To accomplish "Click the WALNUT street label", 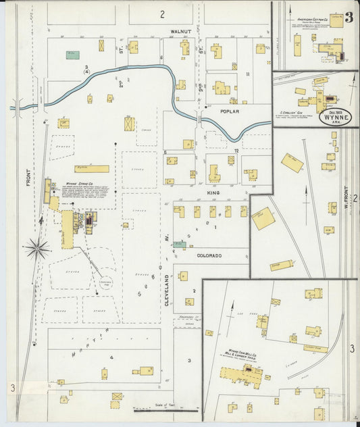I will tap(180, 31).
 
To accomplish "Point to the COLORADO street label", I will tap(209, 256).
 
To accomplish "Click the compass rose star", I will tap(36, 249).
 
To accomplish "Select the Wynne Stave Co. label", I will tap(80, 182).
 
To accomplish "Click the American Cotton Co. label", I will tap(312, 20).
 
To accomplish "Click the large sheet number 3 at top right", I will tap(349, 18).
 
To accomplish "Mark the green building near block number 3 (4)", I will tap(72, 55).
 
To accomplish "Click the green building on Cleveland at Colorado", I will tap(179, 245).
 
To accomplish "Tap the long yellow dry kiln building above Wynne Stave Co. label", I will tap(91, 168).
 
